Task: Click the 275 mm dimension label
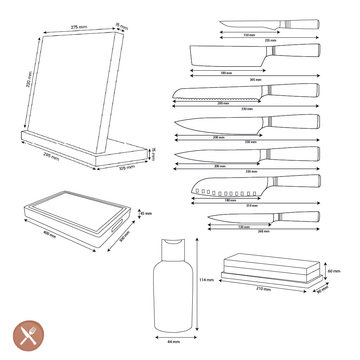coord(79,27)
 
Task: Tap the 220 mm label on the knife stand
coord(29,79)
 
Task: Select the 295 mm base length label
coord(51,156)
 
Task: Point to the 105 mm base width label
coord(127,168)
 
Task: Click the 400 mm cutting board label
coord(49,234)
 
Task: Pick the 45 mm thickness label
coord(146,213)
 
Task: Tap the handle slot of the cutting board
coord(117,226)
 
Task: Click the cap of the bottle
coord(173,250)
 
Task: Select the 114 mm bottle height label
coord(206,280)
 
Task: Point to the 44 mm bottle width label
coord(174,342)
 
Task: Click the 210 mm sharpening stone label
coord(263,289)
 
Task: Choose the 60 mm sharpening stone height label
coord(334,271)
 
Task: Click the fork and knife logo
coord(28,336)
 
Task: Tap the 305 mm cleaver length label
coord(256,80)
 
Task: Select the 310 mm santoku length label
coord(252,205)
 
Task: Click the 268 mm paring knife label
coord(264,231)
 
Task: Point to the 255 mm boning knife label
coord(270,40)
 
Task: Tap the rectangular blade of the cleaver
coord(227,56)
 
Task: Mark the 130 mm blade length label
coord(244,227)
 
